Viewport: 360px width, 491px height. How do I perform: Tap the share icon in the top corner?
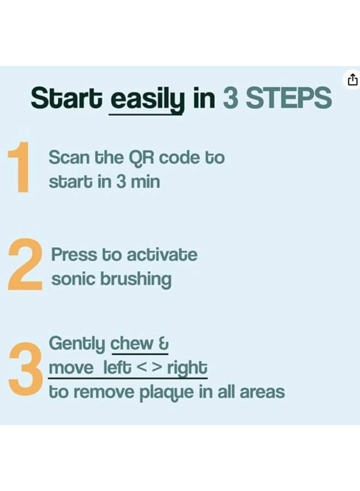tap(352, 80)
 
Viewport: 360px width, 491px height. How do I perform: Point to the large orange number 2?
tap(25, 267)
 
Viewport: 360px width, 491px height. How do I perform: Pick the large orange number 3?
tap(26, 364)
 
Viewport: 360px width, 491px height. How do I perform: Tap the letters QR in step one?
tap(139, 158)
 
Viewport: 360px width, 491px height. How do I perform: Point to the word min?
tap(145, 182)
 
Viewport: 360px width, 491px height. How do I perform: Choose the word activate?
tap(162, 255)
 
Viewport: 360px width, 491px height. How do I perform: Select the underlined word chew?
tap(132, 344)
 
